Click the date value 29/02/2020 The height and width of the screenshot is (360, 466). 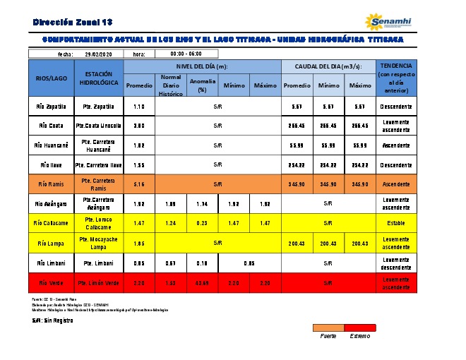pos(99,54)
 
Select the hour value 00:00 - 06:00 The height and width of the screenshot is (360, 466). pos(186,54)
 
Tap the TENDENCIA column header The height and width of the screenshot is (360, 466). pos(395,78)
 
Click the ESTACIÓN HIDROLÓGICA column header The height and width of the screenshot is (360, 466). pos(98,78)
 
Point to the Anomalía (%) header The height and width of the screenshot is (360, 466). pos(202,85)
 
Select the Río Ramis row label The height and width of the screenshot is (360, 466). pos(51,184)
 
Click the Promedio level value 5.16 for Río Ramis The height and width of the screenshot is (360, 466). pos(139,184)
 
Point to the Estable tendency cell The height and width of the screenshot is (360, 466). pos(395,223)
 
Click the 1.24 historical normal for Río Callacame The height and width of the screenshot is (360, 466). pos(170,223)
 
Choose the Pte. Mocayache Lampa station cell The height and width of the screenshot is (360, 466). pos(98,243)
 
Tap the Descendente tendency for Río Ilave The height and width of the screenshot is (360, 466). pos(395,164)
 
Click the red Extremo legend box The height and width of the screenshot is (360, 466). pos(360,328)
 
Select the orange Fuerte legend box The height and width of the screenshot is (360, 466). pos(328,328)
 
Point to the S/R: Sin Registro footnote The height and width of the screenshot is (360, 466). pos(52,320)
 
